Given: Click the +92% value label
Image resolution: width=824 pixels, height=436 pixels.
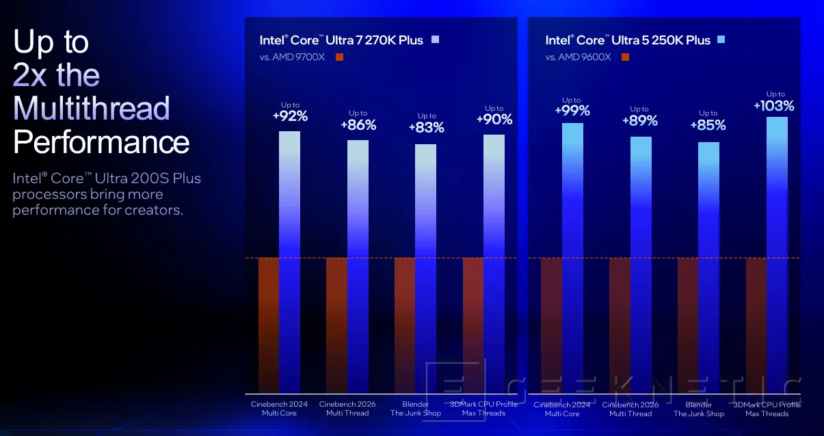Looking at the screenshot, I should pos(290,116).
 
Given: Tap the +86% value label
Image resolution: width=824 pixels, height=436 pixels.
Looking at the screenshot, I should pos(358,125).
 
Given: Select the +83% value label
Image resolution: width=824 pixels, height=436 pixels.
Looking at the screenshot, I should pos(426,128).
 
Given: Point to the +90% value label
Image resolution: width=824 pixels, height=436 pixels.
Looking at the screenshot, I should pos(494,120).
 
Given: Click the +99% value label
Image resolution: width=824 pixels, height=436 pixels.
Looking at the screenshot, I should pos(572,110).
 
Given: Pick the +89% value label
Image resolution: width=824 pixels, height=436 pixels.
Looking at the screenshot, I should pos(640,121).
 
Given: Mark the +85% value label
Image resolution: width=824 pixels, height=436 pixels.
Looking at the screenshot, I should pos(708,126).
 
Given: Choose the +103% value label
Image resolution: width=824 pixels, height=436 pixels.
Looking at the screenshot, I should pos(774,106).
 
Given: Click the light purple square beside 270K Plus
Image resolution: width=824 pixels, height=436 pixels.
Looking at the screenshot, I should pos(435,40).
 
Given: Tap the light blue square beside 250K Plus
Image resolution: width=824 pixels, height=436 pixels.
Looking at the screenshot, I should pos(721,40).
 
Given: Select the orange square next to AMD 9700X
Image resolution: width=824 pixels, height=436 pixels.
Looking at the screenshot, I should pos(340,57).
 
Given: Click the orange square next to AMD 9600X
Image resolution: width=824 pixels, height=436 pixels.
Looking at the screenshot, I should pos(625,57).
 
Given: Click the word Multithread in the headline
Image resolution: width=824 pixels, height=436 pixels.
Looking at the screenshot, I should pos(92,109).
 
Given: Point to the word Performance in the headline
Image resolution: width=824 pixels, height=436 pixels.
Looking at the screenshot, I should pos(101,142).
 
